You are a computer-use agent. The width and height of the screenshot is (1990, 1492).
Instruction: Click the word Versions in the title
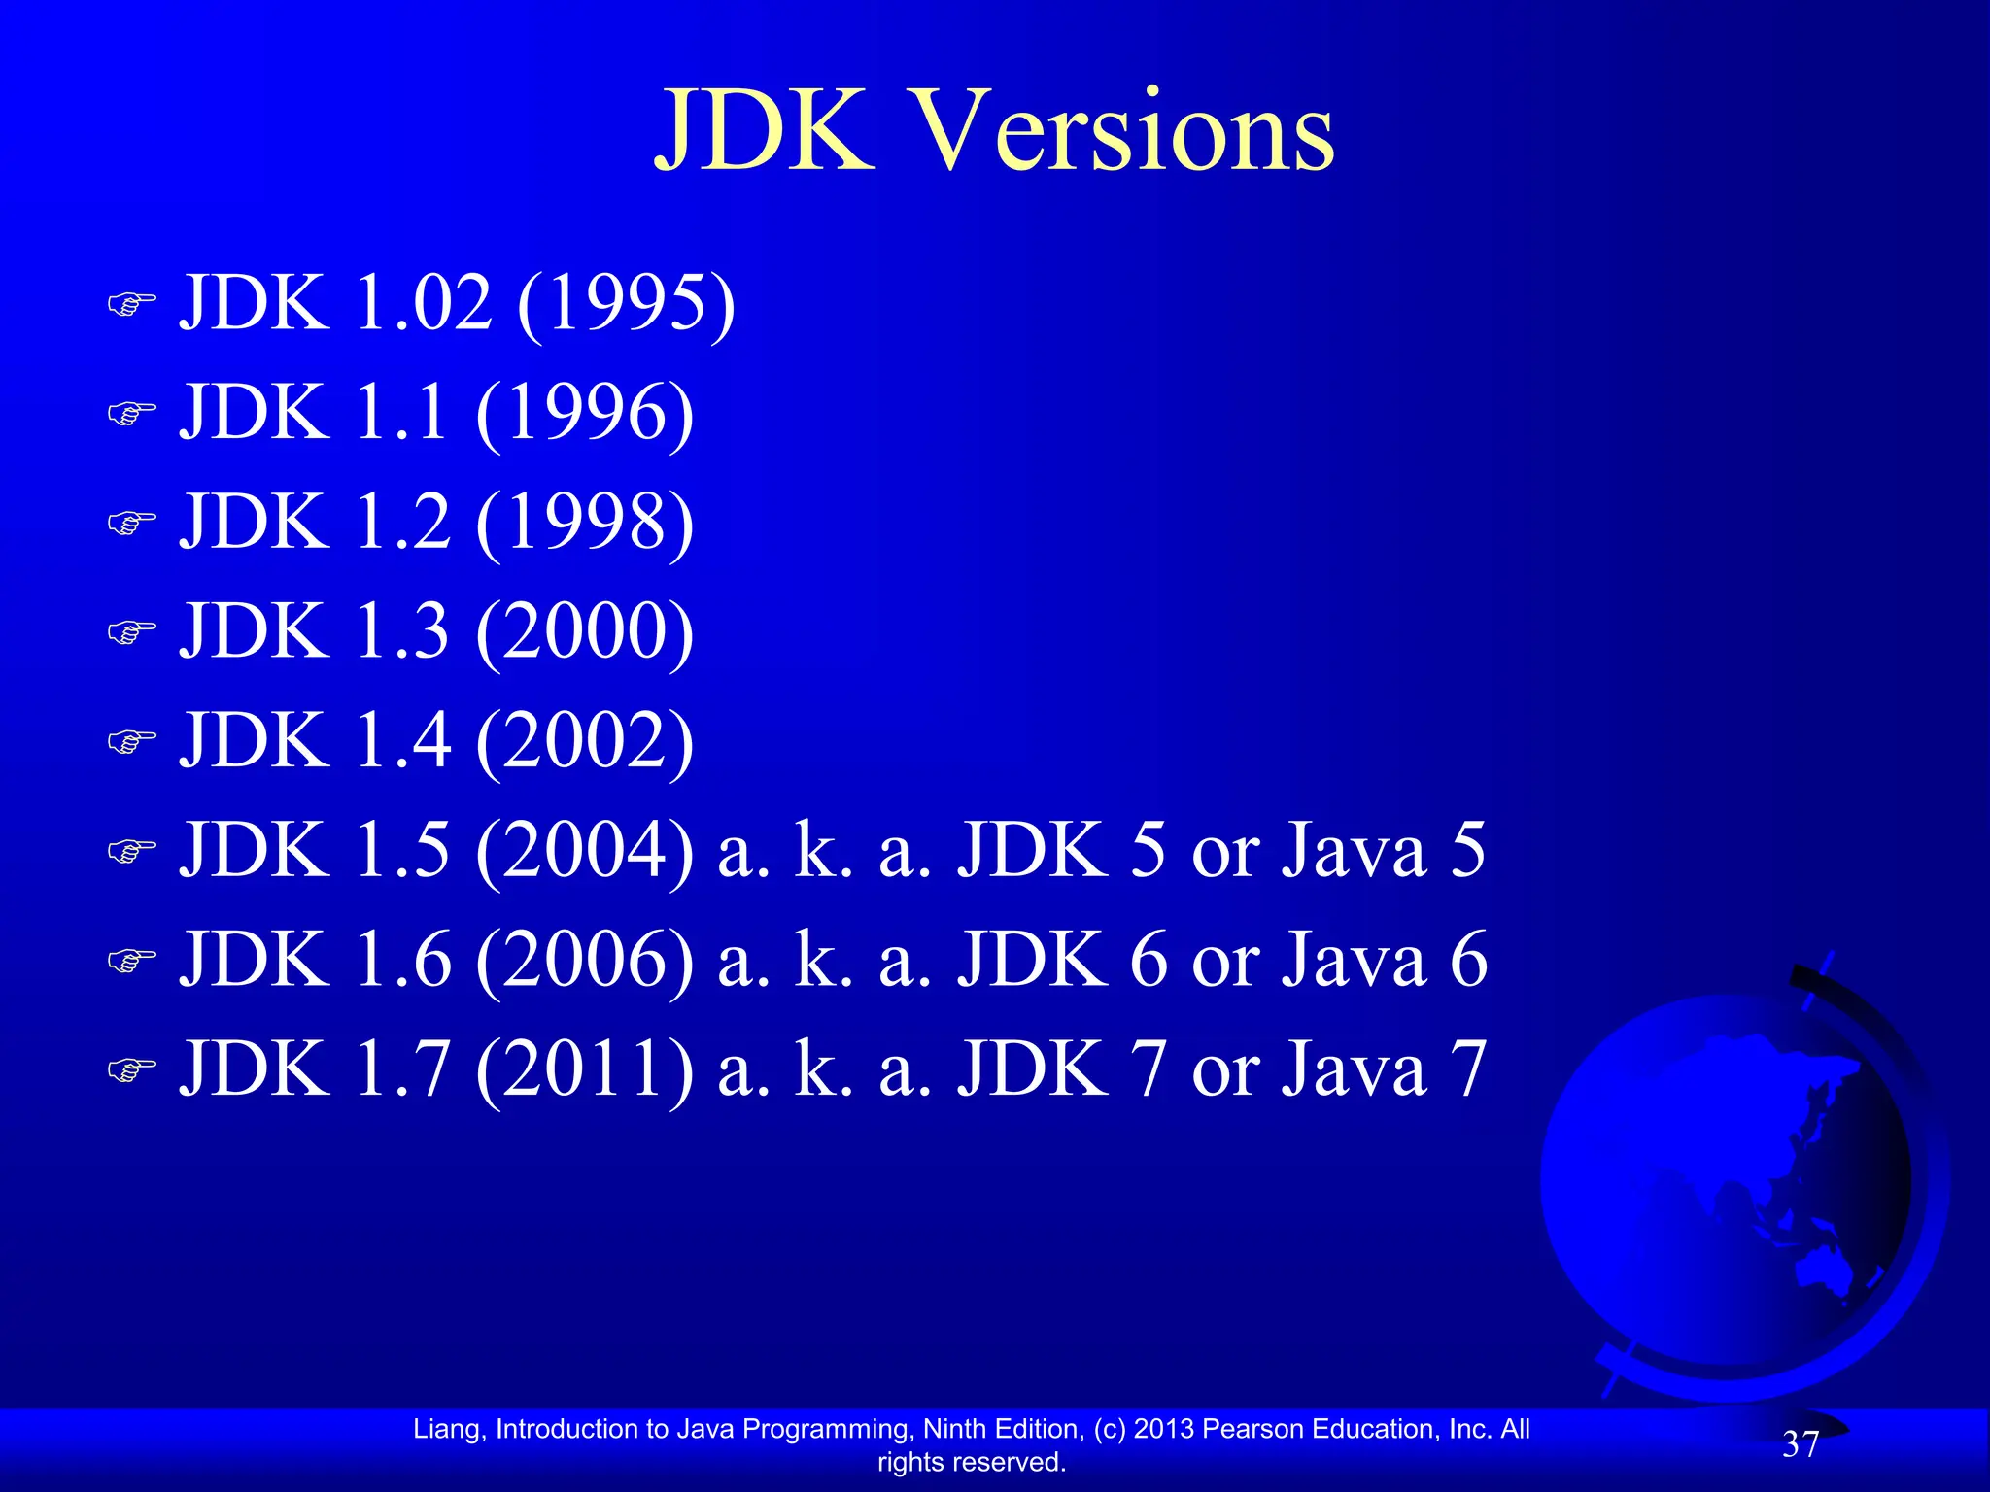(x=1125, y=131)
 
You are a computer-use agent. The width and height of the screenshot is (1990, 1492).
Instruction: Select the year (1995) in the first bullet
(x=627, y=304)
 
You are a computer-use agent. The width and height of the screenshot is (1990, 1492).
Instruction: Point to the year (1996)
(x=585, y=414)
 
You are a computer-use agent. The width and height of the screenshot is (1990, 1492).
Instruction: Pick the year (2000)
(x=585, y=632)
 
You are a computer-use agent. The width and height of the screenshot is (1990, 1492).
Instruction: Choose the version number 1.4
(x=402, y=741)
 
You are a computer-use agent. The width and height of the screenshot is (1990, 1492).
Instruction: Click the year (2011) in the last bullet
(x=585, y=1069)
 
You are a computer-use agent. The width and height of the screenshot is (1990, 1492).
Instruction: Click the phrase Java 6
(x=1384, y=960)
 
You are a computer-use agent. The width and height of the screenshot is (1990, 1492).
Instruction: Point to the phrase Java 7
(x=1384, y=1069)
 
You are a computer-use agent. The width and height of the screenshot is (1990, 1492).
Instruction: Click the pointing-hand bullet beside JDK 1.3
(x=131, y=633)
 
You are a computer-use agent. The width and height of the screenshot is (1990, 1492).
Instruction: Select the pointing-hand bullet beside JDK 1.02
(x=131, y=305)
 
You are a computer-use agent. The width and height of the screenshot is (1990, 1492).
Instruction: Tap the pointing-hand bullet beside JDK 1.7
(x=131, y=1070)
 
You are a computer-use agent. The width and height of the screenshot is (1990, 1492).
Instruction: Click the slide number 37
(x=1800, y=1444)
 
